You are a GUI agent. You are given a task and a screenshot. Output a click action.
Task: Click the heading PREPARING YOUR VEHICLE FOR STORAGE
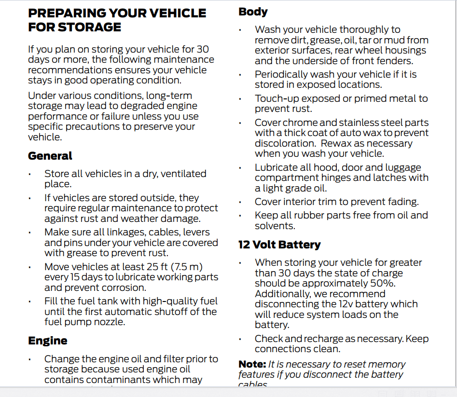coord(117,20)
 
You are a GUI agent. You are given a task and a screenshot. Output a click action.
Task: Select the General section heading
coord(50,156)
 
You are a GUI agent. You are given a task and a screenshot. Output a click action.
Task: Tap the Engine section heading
coord(48,341)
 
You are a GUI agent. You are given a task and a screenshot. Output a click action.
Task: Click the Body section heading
coord(253,12)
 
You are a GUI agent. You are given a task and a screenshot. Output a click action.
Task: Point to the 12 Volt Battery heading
coord(279,245)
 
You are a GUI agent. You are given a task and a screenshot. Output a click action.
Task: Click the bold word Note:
coord(252,364)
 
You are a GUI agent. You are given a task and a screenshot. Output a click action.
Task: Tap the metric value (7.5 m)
coord(187,267)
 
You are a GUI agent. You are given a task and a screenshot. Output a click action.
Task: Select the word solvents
coord(275,226)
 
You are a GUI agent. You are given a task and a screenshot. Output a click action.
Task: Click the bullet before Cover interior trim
coord(240,203)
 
